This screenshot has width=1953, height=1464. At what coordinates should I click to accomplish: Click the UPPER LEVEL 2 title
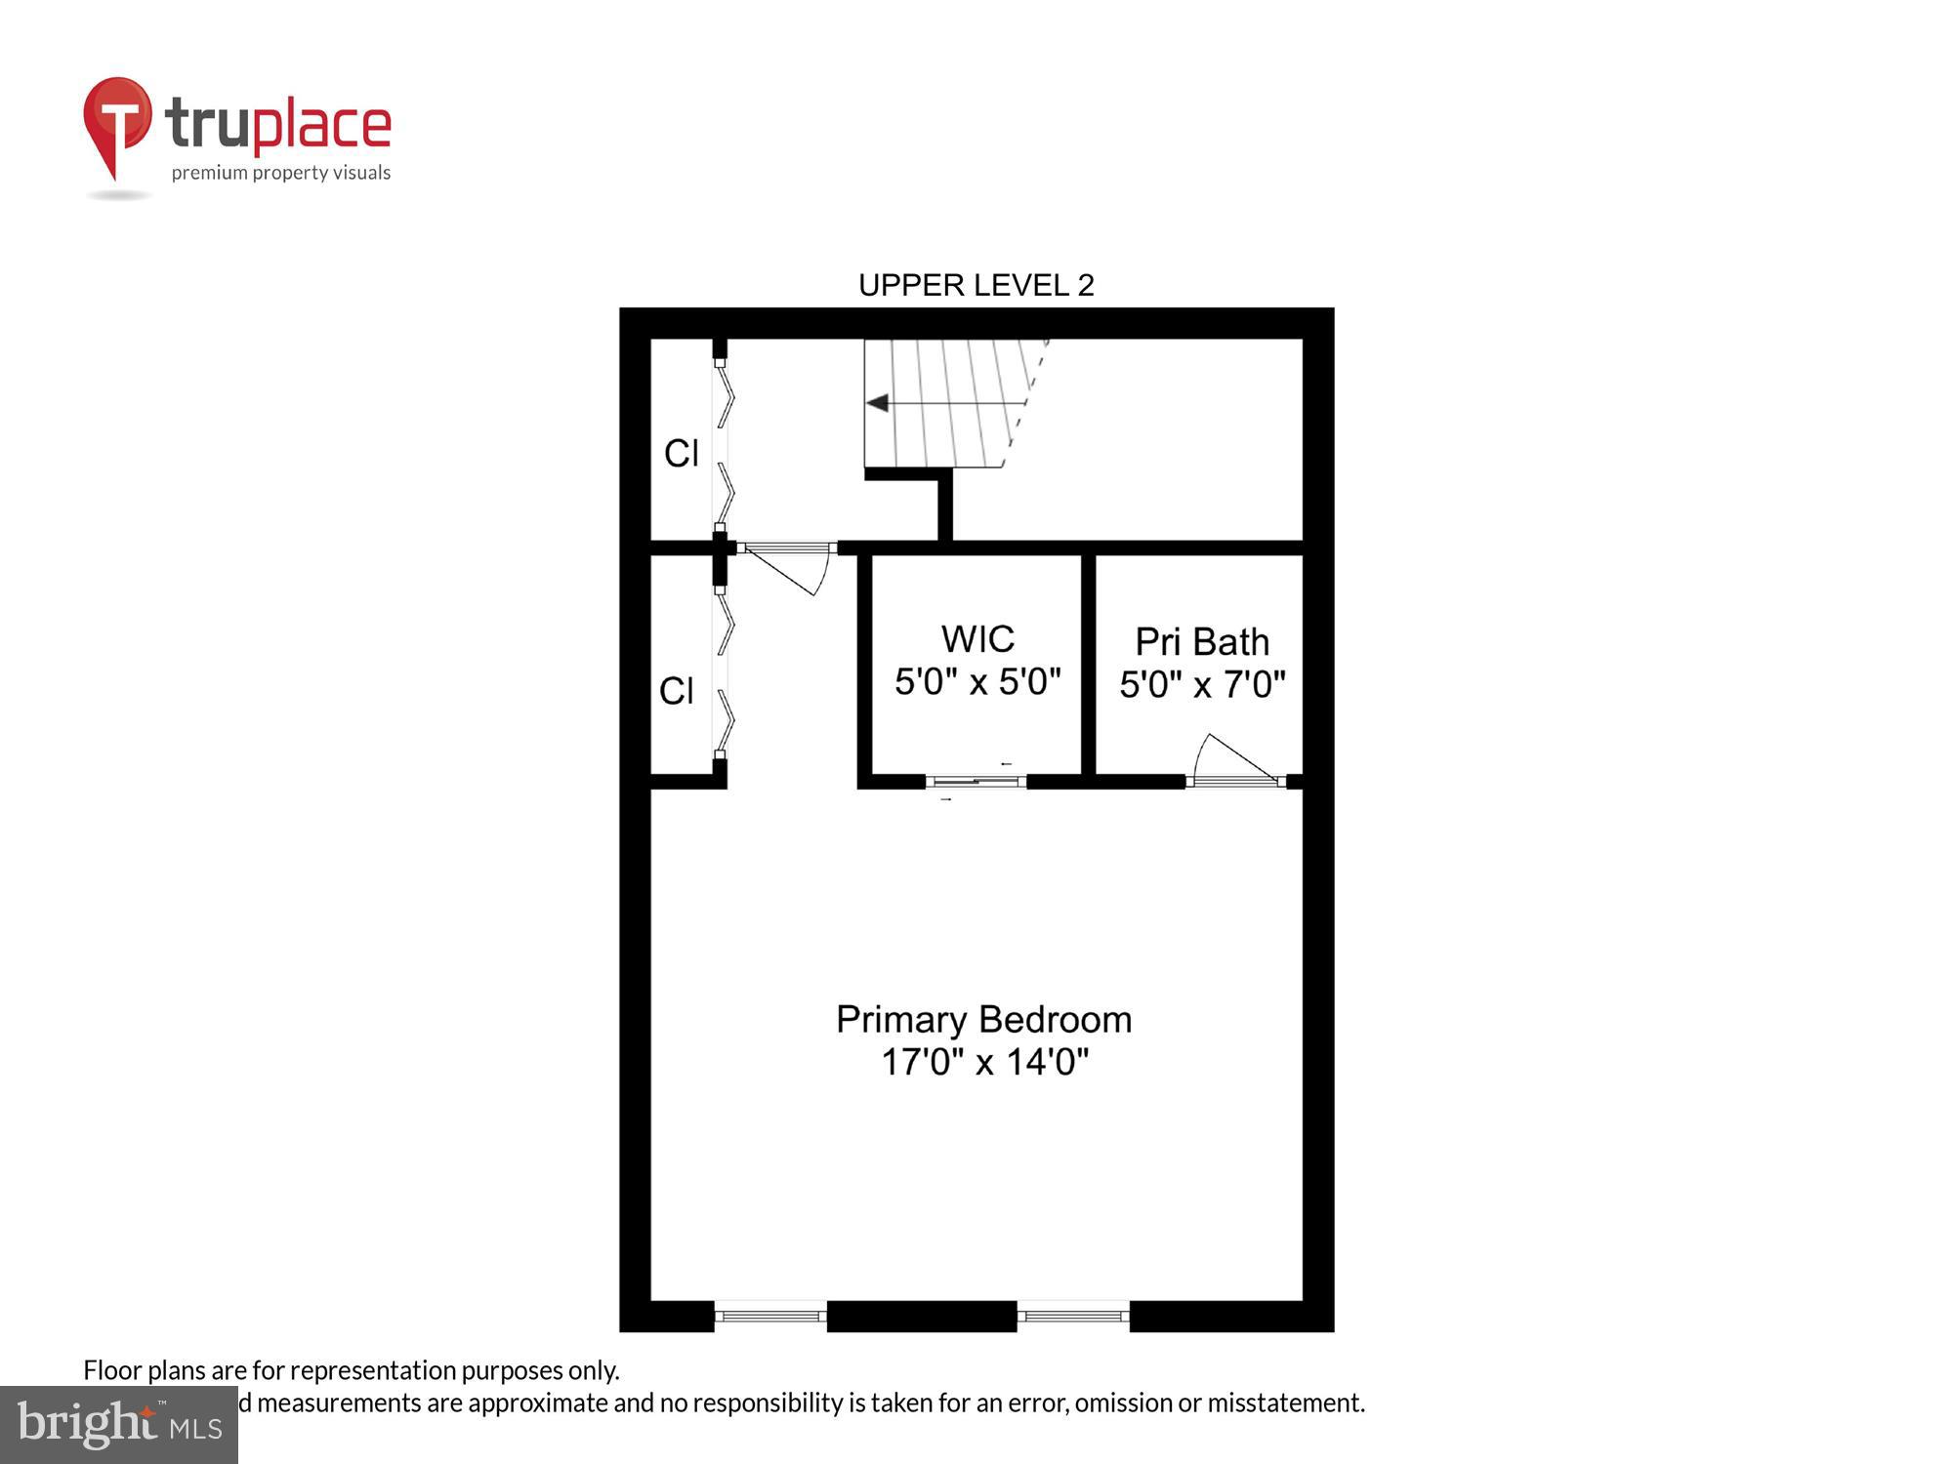click(x=976, y=285)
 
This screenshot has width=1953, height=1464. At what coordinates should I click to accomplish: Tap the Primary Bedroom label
click(x=983, y=1020)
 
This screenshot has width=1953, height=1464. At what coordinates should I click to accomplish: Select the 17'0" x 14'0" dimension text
click(x=984, y=1062)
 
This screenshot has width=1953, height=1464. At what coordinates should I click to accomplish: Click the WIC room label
click(x=977, y=639)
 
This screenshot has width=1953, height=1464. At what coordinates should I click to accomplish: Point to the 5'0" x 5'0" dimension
click(x=977, y=682)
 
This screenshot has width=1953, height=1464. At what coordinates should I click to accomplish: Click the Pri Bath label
click(x=1202, y=642)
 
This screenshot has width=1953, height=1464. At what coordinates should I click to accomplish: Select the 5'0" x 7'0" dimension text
click(x=1202, y=685)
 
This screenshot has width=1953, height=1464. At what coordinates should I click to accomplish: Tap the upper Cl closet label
click(x=681, y=453)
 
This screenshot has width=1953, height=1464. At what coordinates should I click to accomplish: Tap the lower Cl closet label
click(x=676, y=691)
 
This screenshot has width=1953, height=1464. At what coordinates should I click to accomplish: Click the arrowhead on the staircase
click(x=877, y=403)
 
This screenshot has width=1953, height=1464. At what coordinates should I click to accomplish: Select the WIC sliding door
click(x=976, y=781)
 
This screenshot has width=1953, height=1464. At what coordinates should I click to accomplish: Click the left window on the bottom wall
click(x=770, y=1316)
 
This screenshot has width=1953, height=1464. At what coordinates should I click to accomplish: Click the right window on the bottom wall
click(x=1073, y=1316)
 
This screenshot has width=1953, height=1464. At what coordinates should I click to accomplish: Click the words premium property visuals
click(x=281, y=173)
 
